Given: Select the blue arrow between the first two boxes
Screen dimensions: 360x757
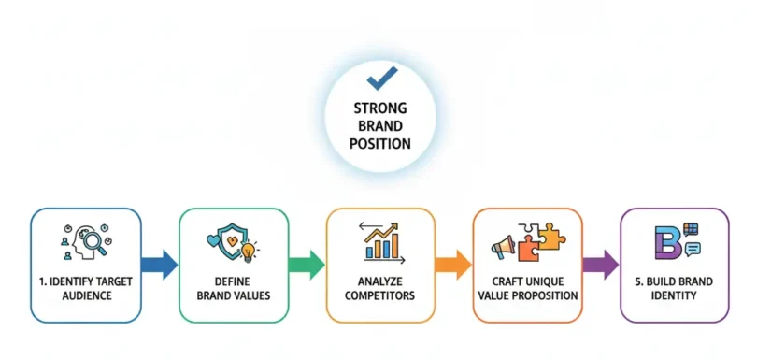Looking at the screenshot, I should (160, 265).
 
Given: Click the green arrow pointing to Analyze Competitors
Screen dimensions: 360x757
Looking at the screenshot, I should (307, 265).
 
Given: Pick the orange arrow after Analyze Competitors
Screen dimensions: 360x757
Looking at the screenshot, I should (453, 265).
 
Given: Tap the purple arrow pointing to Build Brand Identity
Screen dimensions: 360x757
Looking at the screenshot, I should (601, 265).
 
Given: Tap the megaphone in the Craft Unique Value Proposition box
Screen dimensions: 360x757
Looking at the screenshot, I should (503, 248).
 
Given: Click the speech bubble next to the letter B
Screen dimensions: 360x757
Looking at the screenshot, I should (693, 249).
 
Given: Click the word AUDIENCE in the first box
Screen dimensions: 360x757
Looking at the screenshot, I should (86, 295).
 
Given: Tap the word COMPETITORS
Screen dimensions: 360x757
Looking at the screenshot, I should (380, 295).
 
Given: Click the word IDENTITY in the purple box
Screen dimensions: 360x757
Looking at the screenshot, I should (675, 295).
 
